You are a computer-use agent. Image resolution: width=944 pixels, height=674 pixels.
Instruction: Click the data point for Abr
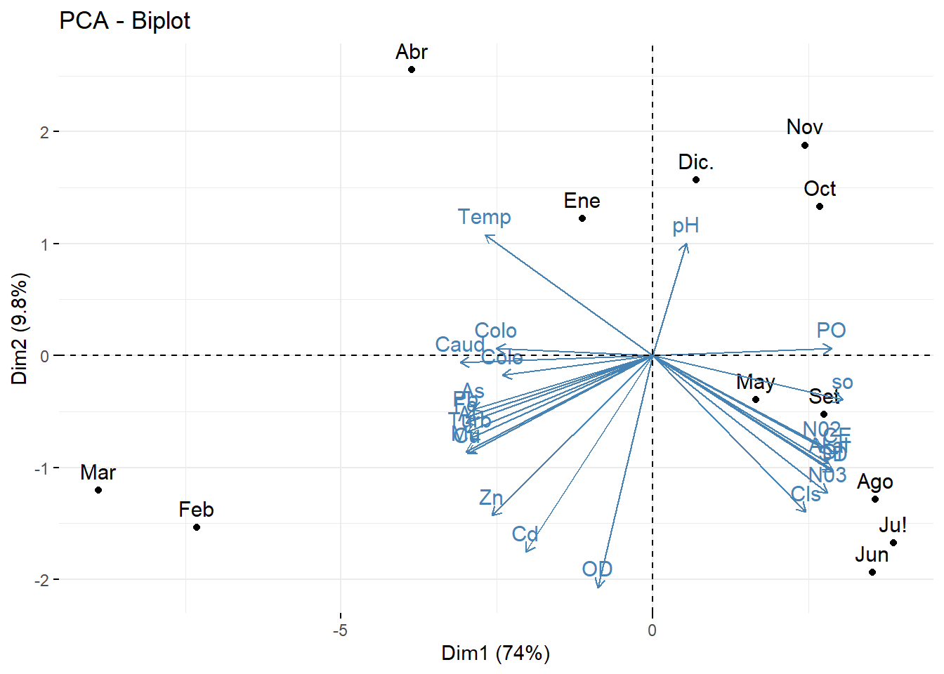pyautogui.click(x=412, y=70)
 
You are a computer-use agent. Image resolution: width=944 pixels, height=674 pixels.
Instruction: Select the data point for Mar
pyautogui.click(x=98, y=490)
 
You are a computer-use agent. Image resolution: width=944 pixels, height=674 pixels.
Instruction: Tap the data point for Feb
pyautogui.click(x=197, y=527)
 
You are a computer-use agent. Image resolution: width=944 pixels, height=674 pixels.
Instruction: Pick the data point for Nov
pyautogui.click(x=805, y=145)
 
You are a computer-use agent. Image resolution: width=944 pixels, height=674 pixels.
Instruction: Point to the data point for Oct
pyautogui.click(x=820, y=206)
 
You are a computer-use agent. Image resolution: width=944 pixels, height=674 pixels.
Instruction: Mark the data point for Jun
pyautogui.click(x=872, y=572)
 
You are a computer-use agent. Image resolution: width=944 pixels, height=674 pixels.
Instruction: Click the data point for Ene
pyautogui.click(x=582, y=218)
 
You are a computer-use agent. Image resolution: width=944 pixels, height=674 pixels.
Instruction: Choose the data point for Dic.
pyautogui.click(x=696, y=180)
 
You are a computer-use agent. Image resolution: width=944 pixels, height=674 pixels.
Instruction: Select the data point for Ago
pyautogui.click(x=875, y=499)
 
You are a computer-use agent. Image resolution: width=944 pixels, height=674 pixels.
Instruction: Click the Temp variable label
pyautogui.click(x=484, y=217)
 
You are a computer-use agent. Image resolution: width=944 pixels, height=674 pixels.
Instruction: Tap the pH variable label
pyautogui.click(x=686, y=226)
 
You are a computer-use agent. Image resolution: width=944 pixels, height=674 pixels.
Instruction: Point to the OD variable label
pyautogui.click(x=597, y=569)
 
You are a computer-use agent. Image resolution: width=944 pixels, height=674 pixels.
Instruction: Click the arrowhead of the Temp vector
pyautogui.click(x=486, y=236)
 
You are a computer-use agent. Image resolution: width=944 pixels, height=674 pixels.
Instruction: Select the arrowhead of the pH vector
pyautogui.click(x=686, y=244)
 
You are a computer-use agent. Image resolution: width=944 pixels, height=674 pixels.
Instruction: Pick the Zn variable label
pyautogui.click(x=491, y=498)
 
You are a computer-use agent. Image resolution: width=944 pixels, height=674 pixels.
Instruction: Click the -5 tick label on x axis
pyautogui.click(x=340, y=630)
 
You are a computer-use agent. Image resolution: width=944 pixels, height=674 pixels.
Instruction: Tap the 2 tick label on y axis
pyautogui.click(x=44, y=132)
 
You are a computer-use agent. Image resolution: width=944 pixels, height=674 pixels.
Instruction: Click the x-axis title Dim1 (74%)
pyautogui.click(x=495, y=654)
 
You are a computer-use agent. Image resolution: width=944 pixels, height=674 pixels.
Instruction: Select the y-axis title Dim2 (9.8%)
pyautogui.click(x=20, y=329)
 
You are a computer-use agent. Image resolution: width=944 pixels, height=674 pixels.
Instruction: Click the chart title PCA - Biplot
pyautogui.click(x=124, y=21)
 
